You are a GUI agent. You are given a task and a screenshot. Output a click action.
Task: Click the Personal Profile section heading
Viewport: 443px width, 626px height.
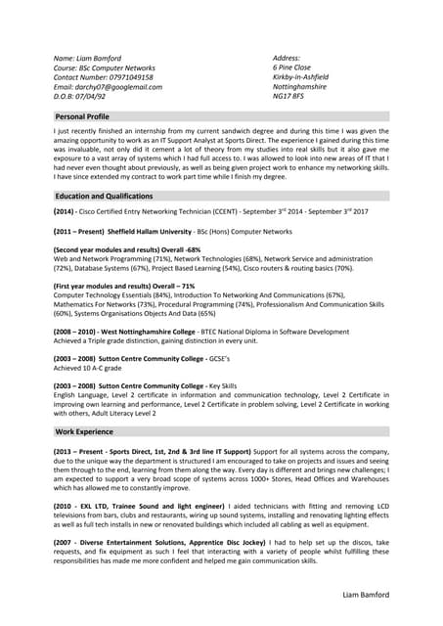[x=89, y=116]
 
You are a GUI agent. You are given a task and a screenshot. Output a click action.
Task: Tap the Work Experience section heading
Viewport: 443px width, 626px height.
[x=84, y=431]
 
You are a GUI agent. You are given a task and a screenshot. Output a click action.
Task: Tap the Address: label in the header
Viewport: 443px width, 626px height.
[x=288, y=58]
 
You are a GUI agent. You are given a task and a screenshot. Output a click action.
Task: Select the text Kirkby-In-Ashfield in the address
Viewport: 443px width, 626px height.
[x=300, y=77]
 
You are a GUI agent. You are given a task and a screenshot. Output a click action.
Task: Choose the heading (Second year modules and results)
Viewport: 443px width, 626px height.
[x=111, y=249]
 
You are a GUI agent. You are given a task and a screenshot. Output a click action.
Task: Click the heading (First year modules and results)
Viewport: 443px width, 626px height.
[x=107, y=286]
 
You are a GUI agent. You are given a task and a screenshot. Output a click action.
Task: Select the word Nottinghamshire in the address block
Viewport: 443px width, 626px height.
[x=299, y=87]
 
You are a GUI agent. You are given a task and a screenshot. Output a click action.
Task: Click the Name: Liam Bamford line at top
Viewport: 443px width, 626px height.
[x=92, y=58]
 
